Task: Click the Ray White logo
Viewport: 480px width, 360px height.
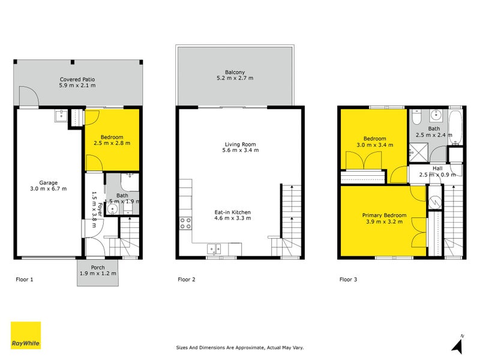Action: pyautogui.click(x=26, y=335)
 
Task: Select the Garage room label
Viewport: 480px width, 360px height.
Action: pyautogui.click(x=49, y=183)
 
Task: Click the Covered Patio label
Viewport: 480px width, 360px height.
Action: pyautogui.click(x=77, y=79)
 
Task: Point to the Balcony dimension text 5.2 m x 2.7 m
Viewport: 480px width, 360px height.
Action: pyautogui.click(x=235, y=78)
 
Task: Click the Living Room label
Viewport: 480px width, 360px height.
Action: pyautogui.click(x=241, y=144)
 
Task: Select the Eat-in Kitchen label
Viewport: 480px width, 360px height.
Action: pyautogui.click(x=233, y=212)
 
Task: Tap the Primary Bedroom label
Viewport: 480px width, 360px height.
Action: pyautogui.click(x=384, y=215)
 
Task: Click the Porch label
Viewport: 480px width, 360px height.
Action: pyautogui.click(x=98, y=267)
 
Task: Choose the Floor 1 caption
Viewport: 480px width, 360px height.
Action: pyautogui.click(x=25, y=280)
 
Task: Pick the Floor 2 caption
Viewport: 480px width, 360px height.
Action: pyautogui.click(x=187, y=280)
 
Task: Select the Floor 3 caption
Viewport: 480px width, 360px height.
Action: pyautogui.click(x=348, y=280)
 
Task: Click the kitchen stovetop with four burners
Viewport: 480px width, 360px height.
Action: pyautogui.click(x=185, y=223)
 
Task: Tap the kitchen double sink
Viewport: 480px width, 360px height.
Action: pyautogui.click(x=214, y=249)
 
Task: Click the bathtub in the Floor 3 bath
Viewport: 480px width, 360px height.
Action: pyautogui.click(x=455, y=127)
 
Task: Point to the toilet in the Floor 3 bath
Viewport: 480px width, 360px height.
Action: pyautogui.click(x=416, y=117)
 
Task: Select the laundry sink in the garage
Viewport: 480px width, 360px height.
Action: pyautogui.click(x=61, y=116)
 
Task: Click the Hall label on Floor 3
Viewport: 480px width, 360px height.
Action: pyautogui.click(x=437, y=169)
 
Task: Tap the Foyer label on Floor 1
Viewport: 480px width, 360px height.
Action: pyautogui.click(x=100, y=209)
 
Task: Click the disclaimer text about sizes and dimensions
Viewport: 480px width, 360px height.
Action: pyautogui.click(x=239, y=347)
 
